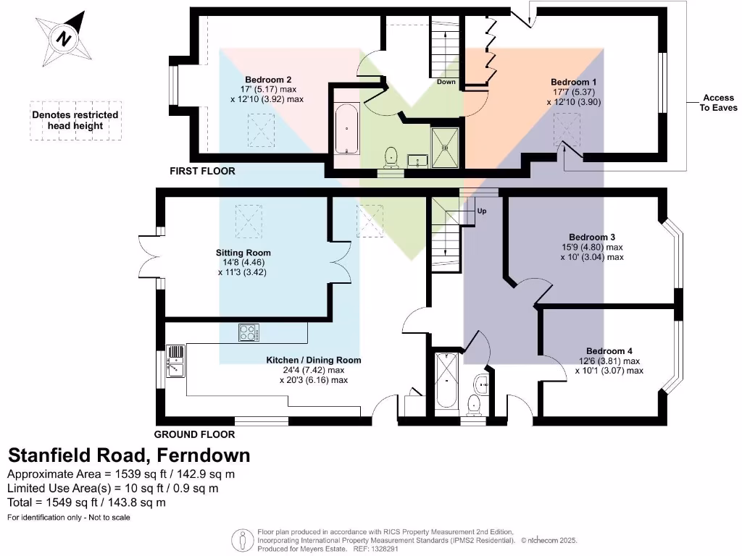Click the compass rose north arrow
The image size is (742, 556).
pos(64,38)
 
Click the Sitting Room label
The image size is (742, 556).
pos(243,253)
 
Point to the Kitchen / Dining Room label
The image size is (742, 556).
pos(313,360)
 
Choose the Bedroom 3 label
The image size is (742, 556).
pos(592,237)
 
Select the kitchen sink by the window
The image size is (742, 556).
pos(176,361)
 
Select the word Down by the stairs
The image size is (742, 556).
pos(446,82)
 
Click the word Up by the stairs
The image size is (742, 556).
pos(481,211)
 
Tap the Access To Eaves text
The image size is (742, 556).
pos(718,103)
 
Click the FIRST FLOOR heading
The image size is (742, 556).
pos(202,172)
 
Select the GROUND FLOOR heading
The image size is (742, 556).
pos(194,434)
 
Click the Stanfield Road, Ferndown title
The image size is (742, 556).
pos(129,455)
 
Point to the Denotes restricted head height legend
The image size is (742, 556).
pos(75,120)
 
